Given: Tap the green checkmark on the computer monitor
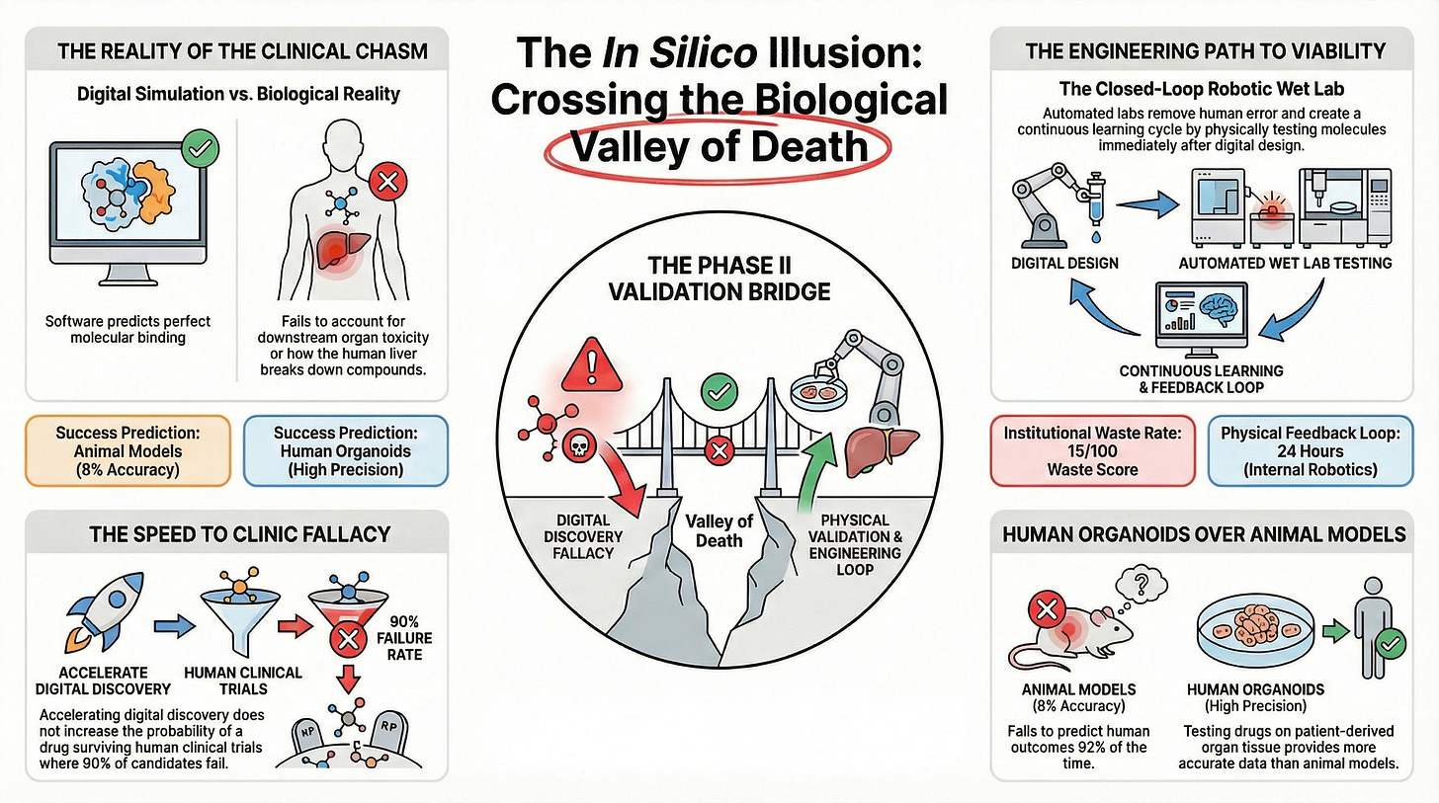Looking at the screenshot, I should tap(202, 150).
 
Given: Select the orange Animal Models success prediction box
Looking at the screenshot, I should tap(128, 451).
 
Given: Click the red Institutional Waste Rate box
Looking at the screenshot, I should tap(1094, 451).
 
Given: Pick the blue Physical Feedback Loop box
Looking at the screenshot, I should tap(1312, 451).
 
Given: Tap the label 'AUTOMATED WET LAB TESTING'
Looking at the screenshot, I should tap(1285, 264).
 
